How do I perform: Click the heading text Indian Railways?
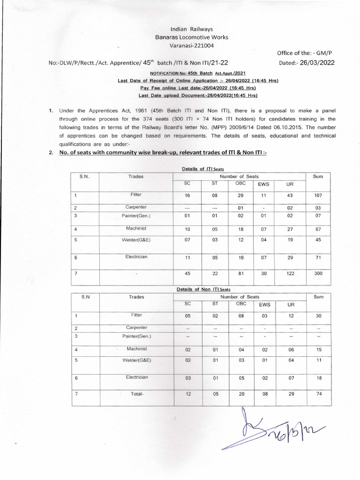click(x=180, y=29)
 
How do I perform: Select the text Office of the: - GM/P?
click(x=305, y=54)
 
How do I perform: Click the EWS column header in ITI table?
click(x=265, y=184)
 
